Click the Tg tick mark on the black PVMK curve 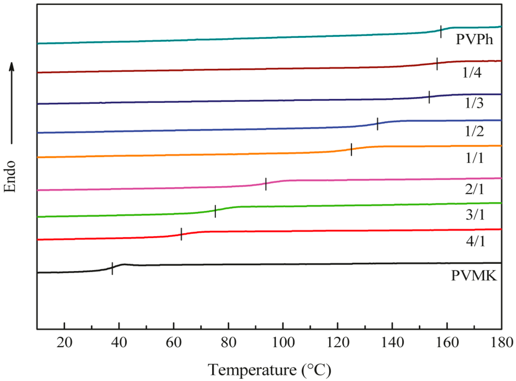pyautogui.click(x=112, y=268)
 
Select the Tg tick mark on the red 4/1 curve pyautogui.click(x=181, y=234)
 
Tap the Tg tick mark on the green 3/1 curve pyautogui.click(x=215, y=211)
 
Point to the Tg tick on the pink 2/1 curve pyautogui.click(x=266, y=184)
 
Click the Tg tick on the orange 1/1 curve pyautogui.click(x=351, y=150)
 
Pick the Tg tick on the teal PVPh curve pyautogui.click(x=441, y=32)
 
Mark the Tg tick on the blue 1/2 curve pyautogui.click(x=377, y=124)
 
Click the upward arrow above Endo pyautogui.click(x=13, y=101)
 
